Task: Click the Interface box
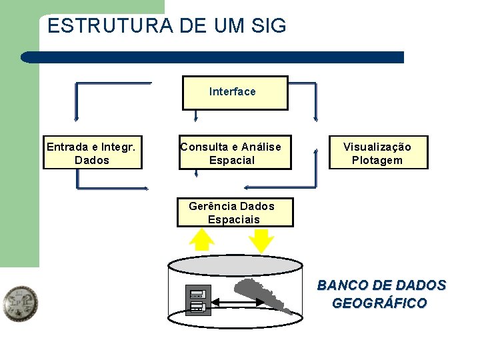point(235,93)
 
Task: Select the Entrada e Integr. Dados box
point(93,153)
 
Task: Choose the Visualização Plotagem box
point(378,153)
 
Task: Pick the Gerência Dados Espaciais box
point(234,213)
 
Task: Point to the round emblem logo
point(19,304)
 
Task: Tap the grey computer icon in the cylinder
point(197,300)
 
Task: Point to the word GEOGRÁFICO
point(379,304)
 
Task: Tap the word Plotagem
point(377,161)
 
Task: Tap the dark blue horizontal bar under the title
point(213,57)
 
